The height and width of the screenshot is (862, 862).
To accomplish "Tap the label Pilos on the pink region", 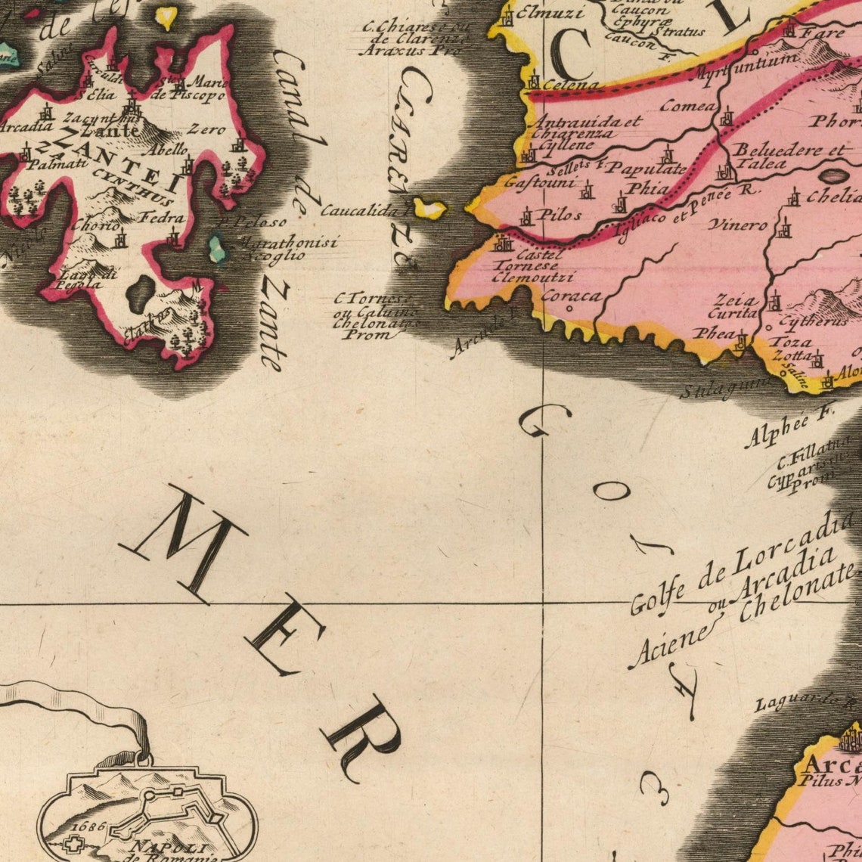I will pyautogui.click(x=558, y=215).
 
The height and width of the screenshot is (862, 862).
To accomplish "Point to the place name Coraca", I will pyautogui.click(x=571, y=296).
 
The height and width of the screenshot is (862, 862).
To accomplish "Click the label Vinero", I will pyautogui.click(x=737, y=225).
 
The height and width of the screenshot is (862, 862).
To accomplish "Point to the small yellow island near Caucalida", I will pyautogui.click(x=429, y=208).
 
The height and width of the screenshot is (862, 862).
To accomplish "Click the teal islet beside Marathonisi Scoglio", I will pyautogui.click(x=217, y=248).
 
